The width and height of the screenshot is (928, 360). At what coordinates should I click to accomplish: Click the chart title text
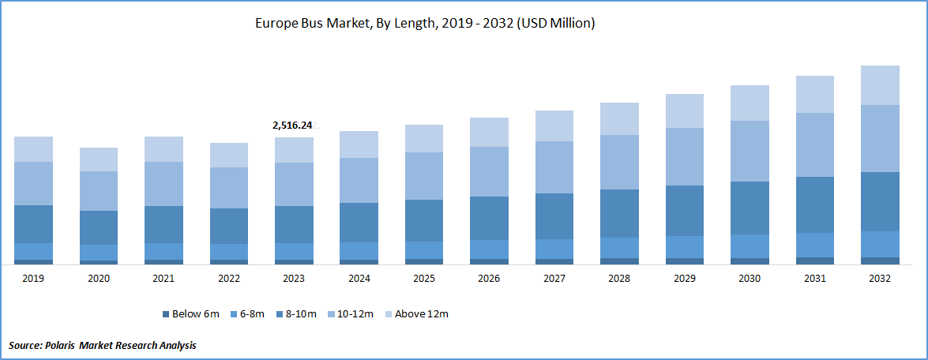click(x=424, y=24)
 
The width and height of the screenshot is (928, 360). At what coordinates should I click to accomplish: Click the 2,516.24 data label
click(x=292, y=125)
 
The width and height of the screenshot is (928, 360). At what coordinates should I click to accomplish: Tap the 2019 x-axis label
click(x=33, y=279)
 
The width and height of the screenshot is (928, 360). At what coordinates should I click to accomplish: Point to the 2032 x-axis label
click(x=879, y=279)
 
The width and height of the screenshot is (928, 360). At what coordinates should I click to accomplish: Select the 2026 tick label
click(x=489, y=279)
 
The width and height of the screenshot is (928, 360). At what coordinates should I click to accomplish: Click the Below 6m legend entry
click(x=190, y=314)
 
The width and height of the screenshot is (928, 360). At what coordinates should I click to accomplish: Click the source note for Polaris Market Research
click(x=103, y=346)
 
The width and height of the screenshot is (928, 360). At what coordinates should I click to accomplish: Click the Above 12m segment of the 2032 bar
click(x=879, y=85)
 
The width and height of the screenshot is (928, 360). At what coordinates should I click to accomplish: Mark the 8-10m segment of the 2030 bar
click(x=750, y=208)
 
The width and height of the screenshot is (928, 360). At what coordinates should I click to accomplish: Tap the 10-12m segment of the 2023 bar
click(x=294, y=184)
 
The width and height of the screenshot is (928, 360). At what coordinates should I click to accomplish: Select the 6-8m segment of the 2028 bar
click(x=619, y=247)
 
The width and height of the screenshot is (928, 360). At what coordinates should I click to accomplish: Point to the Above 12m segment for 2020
click(x=99, y=159)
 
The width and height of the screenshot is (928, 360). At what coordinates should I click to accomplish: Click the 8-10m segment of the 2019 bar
click(x=33, y=224)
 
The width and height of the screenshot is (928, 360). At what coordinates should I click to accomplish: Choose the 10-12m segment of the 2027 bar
click(x=554, y=167)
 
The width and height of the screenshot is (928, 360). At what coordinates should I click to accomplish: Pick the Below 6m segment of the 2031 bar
click(x=814, y=261)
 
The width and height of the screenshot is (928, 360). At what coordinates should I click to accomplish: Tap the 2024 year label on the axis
click(x=359, y=279)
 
